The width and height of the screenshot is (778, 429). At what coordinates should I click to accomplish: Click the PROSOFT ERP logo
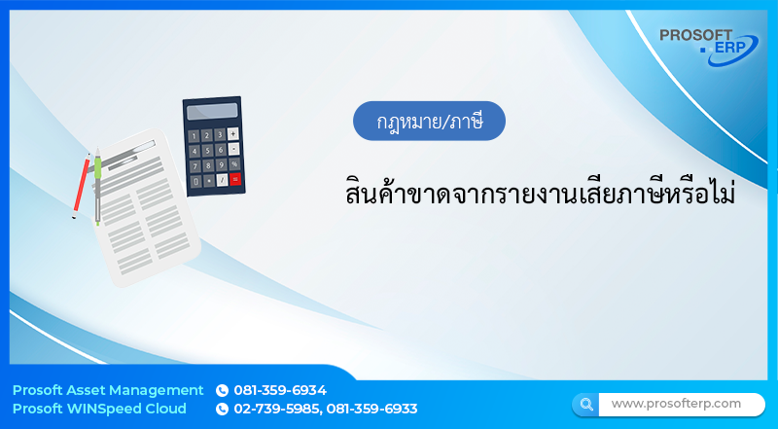point(709,45)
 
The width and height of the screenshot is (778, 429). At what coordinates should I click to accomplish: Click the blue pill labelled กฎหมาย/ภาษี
point(429,121)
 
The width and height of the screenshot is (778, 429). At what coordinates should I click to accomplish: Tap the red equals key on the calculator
point(235,178)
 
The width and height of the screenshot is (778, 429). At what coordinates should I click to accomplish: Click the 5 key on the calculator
point(206,150)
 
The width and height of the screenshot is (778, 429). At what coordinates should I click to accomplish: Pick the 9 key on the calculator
point(221,164)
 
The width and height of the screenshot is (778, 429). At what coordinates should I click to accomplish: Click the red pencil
point(82,185)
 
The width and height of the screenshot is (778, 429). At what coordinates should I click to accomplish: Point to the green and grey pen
point(97,185)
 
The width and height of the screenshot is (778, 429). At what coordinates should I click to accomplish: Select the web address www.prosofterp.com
point(676,403)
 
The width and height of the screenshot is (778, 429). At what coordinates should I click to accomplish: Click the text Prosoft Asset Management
point(108,390)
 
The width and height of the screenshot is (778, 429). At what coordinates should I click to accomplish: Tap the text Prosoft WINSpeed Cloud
point(99,409)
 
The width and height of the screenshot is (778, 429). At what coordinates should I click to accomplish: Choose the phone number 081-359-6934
point(280,390)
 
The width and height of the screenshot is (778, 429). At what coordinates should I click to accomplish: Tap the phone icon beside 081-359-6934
point(222,390)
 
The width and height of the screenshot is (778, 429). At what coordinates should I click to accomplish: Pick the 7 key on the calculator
point(194,165)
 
